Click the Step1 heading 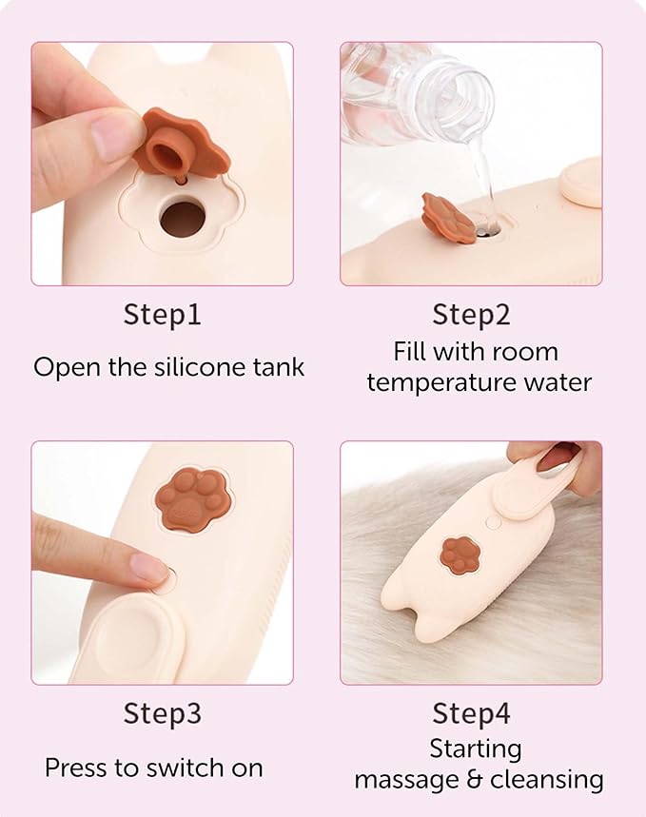point(162,315)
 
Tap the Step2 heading point(471,315)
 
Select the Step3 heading point(162,713)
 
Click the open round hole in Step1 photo point(180,219)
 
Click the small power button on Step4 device point(492,522)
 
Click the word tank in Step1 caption point(282,367)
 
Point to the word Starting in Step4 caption point(476,749)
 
